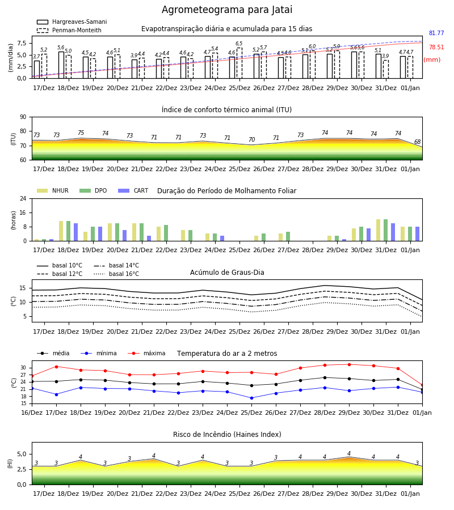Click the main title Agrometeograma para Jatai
(226, 10)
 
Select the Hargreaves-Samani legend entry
(72, 22)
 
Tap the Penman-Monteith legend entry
(69, 30)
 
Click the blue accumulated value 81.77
(436, 33)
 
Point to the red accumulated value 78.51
(436, 47)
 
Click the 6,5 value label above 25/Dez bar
(239, 44)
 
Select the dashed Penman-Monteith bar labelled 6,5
(239, 63)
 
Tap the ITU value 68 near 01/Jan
(417, 142)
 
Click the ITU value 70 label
(251, 139)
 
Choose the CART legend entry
(133, 190)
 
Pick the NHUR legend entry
(53, 190)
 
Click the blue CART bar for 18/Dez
(76, 232)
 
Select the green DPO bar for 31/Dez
(385, 230)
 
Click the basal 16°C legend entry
(116, 274)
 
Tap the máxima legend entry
(146, 353)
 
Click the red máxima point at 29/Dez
(349, 364)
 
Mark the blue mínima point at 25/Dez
(251, 398)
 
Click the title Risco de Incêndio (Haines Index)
(227, 435)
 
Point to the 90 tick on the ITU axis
(23, 117)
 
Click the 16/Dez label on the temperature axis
(32, 413)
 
